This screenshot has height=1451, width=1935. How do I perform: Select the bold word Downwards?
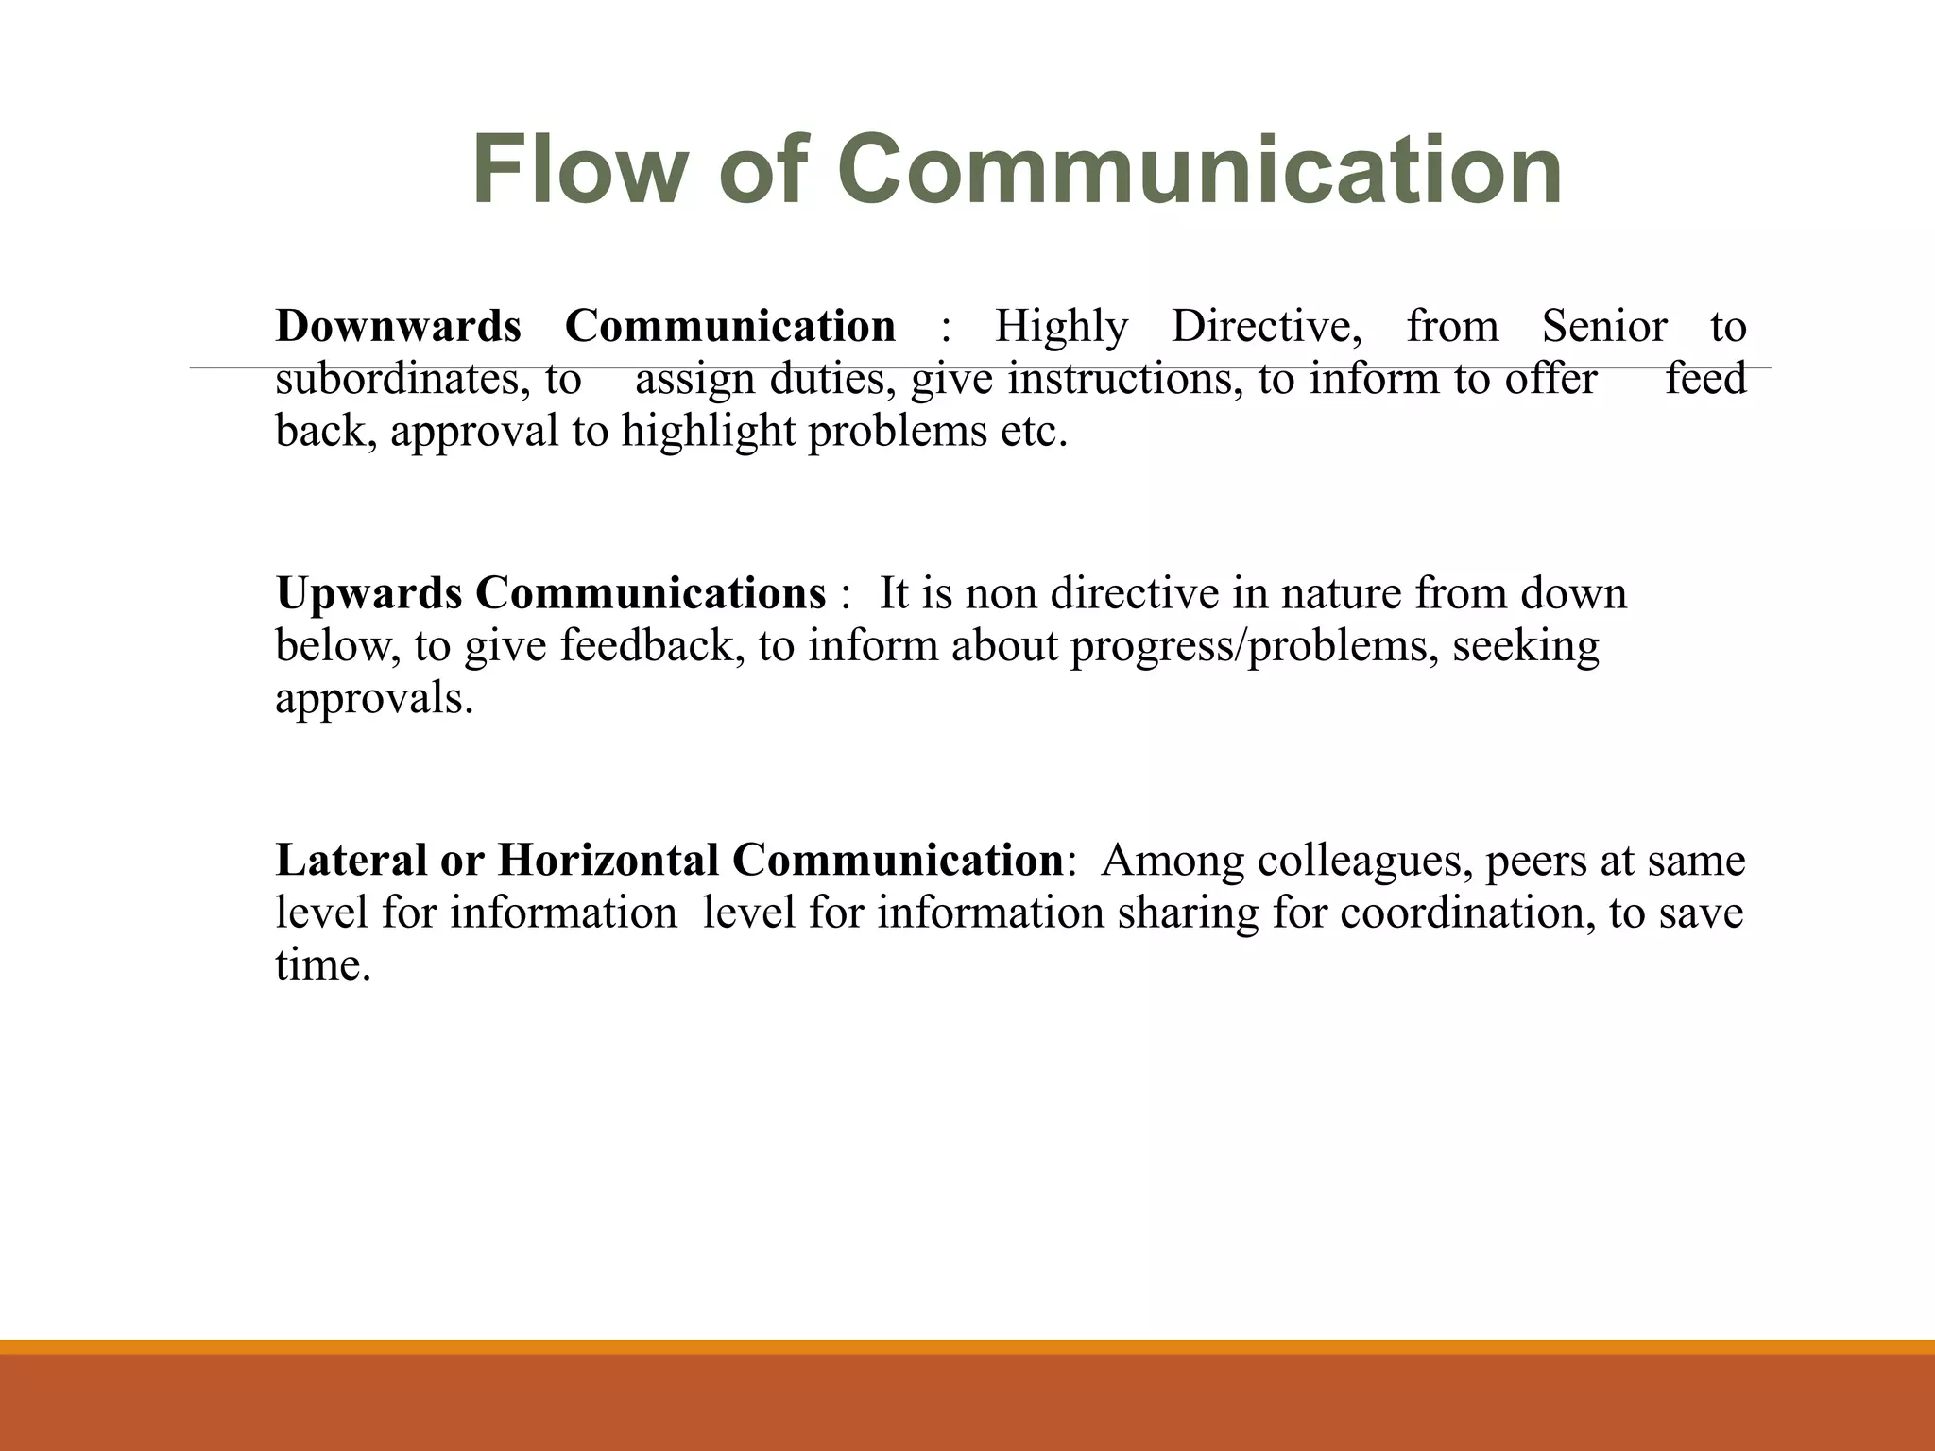[398, 327]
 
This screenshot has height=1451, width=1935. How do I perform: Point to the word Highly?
[1061, 327]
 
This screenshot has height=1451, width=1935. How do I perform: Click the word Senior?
[1604, 327]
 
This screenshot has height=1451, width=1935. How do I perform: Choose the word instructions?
[1125, 380]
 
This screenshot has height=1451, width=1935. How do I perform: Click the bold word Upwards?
[368, 594]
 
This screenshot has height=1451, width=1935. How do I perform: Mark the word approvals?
[374, 700]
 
